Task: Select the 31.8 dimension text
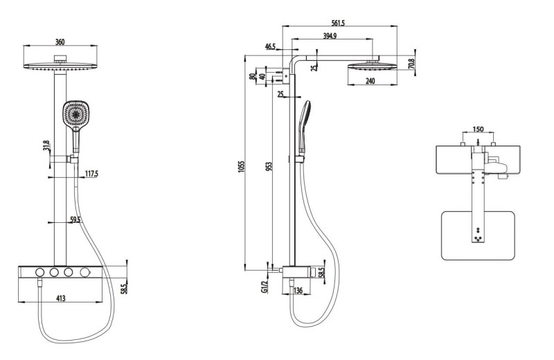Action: pos(46,146)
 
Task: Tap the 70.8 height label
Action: pos(411,64)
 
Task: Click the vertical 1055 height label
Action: pos(241,167)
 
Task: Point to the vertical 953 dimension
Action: pos(269,167)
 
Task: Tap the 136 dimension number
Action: pos(297,290)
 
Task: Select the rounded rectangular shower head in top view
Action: pos(479,235)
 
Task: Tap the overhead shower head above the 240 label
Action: pos(373,66)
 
